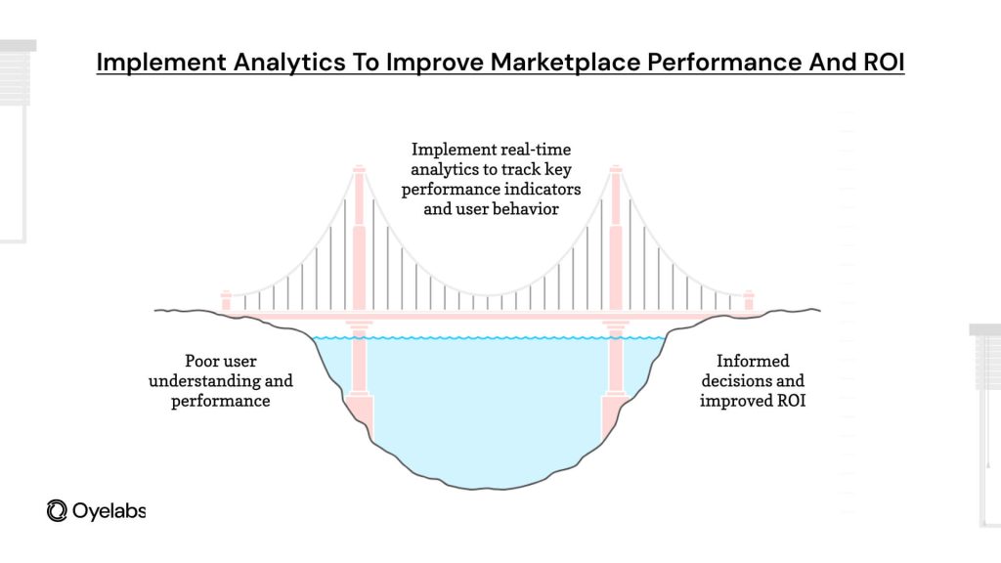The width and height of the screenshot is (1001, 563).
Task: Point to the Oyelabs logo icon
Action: [x=57, y=510]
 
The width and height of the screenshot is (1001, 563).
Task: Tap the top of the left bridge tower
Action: [x=359, y=172]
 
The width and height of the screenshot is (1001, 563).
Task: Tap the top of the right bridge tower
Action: [x=616, y=172]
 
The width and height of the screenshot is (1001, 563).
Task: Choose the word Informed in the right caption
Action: [x=752, y=362]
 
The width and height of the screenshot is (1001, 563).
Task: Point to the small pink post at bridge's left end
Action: [x=226, y=300]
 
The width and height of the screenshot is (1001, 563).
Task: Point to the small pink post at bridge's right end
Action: [x=749, y=300]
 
